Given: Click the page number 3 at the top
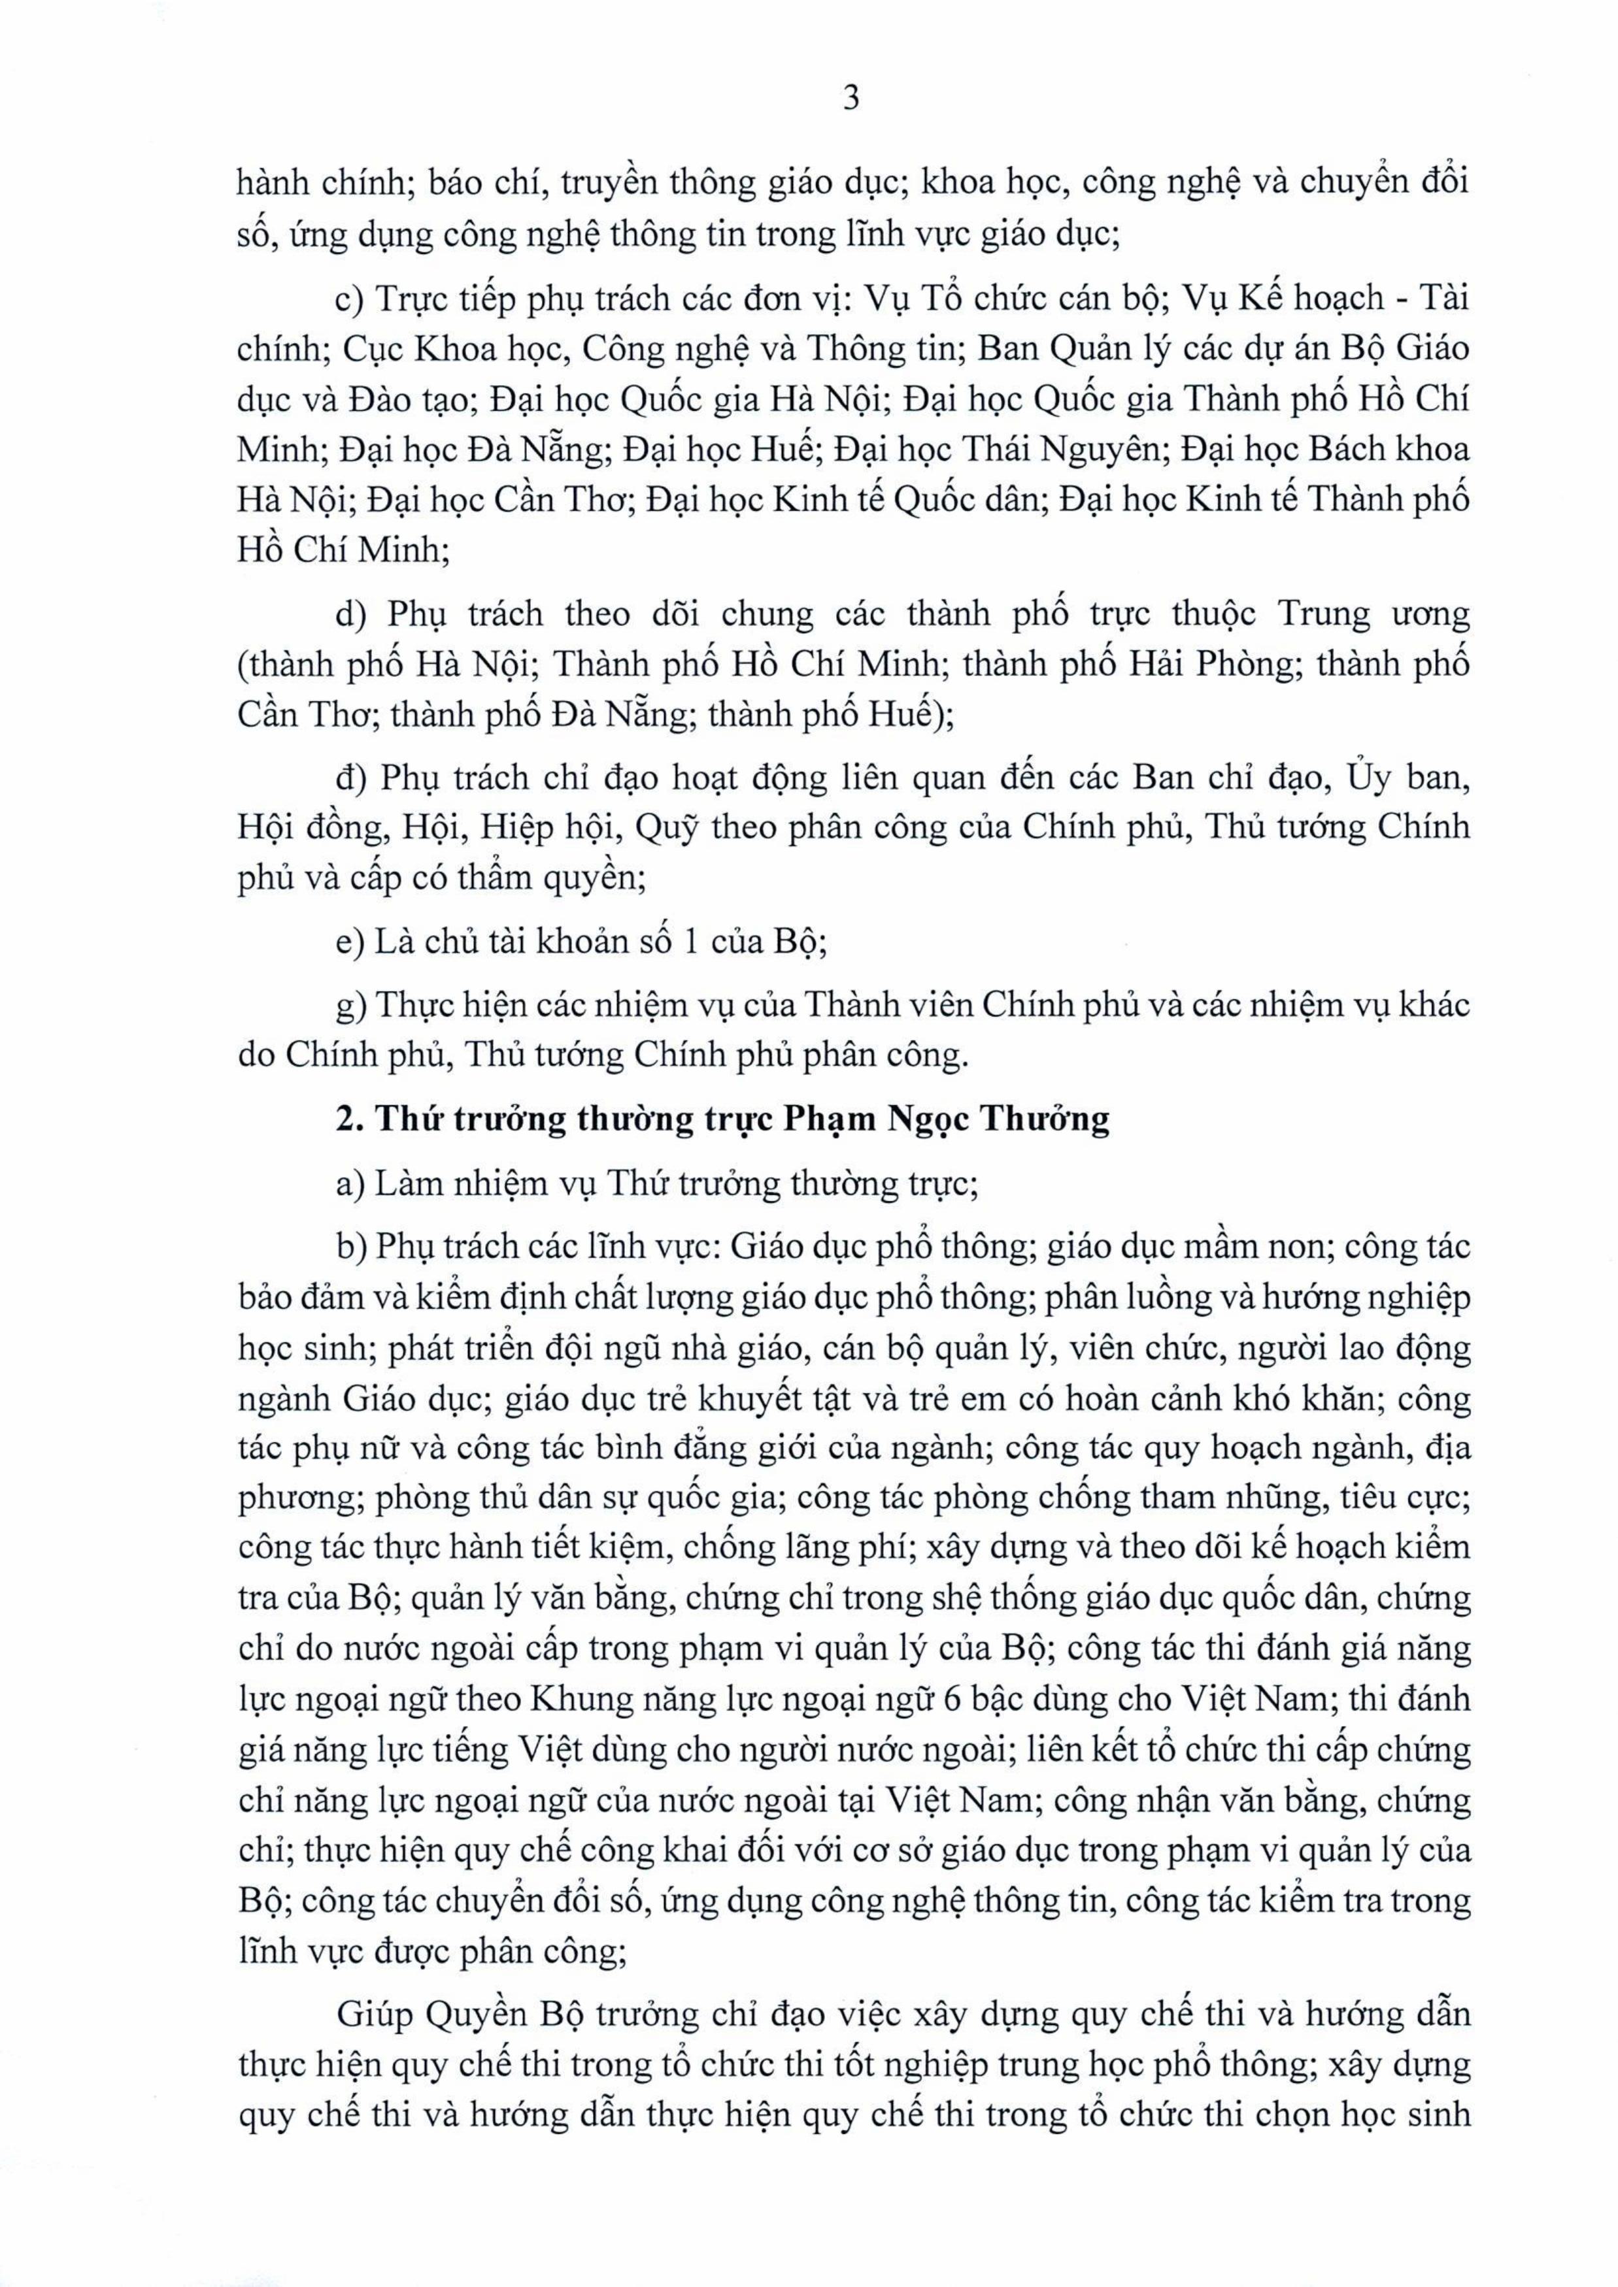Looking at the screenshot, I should point(850,99).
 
